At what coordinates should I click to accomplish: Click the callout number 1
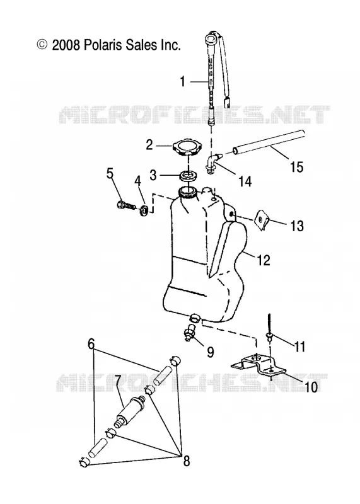[182, 82]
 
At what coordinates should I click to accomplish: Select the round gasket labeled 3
[189, 176]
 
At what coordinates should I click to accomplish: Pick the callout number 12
[264, 260]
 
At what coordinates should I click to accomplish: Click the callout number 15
[296, 167]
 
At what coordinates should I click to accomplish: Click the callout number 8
[186, 461]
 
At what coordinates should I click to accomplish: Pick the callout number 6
[91, 344]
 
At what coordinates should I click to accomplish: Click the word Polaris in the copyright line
[103, 45]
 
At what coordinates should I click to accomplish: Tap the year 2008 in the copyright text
[66, 45]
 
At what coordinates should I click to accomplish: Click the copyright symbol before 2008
[42, 45]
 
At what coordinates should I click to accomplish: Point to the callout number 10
[311, 387]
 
